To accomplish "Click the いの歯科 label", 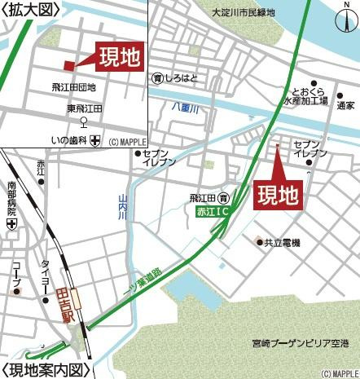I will (x=69, y=140).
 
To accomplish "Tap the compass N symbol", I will (x=342, y=20).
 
